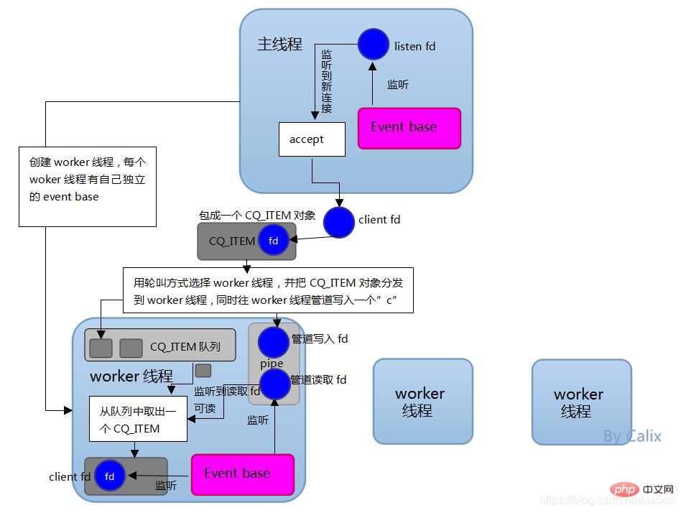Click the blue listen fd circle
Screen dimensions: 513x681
(373, 44)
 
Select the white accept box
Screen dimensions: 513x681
(312, 139)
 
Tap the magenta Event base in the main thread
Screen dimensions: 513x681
(409, 128)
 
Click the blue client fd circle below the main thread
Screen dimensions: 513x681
(338, 221)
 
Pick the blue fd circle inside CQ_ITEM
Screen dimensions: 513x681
(274, 241)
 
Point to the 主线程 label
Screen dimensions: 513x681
(280, 44)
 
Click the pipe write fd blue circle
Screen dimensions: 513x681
(274, 342)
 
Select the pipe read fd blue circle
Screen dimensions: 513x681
(274, 384)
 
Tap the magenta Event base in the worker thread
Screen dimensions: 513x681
(242, 474)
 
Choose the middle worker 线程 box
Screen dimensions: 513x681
(422, 402)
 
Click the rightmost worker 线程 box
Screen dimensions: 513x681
(581, 402)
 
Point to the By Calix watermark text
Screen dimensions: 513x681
(632, 436)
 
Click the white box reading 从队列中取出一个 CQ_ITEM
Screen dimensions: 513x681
(138, 419)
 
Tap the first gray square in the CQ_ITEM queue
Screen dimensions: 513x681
(101, 348)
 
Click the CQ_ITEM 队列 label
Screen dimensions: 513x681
(185, 347)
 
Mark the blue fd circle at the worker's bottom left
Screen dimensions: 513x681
(110, 476)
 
